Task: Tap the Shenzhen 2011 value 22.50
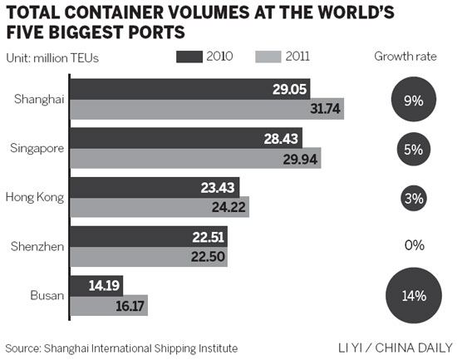207,256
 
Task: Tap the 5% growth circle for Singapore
415,150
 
